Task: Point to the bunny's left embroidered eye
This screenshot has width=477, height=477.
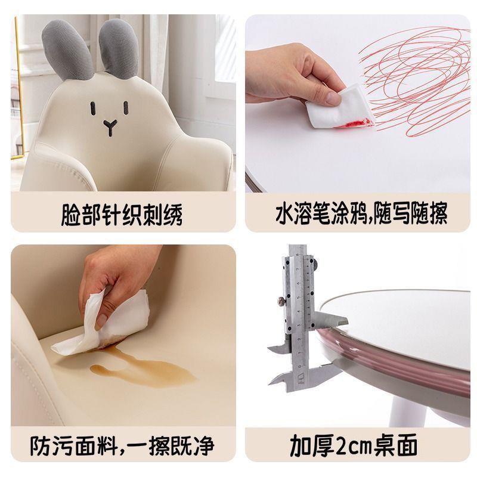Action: point(93,109)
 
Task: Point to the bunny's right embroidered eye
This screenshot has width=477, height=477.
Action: point(126,108)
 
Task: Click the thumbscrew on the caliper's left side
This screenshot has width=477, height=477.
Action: point(281,301)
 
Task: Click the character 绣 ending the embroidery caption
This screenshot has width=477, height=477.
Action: point(173,215)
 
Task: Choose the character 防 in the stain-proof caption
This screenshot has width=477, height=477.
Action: point(40,446)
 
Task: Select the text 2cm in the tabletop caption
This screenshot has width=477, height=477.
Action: point(353,446)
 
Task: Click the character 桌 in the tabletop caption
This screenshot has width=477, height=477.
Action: point(385,445)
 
